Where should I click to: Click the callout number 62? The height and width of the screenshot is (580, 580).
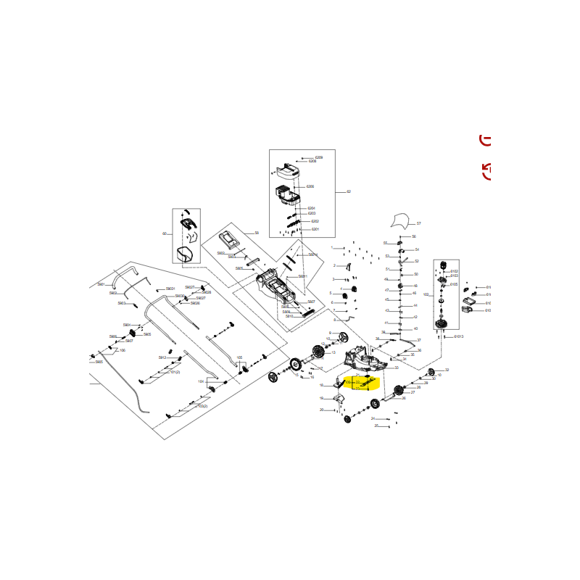[349, 191]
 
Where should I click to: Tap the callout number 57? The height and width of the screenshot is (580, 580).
[419, 223]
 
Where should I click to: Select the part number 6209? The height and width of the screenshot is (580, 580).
[319, 157]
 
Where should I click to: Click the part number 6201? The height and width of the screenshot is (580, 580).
[315, 229]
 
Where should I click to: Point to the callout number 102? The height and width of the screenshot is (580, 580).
[426, 295]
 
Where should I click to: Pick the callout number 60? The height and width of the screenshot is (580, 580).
[165, 233]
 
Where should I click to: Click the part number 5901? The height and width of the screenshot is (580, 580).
[101, 284]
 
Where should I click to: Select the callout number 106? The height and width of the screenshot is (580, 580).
[122, 350]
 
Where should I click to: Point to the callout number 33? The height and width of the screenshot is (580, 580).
[397, 368]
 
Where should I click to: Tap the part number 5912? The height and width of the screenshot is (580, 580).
[162, 357]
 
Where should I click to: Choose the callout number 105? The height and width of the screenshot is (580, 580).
[239, 357]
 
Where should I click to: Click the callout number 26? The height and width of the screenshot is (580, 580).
[404, 398]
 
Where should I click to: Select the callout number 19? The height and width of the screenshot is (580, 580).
[321, 398]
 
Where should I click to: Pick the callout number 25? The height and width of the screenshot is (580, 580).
[376, 426]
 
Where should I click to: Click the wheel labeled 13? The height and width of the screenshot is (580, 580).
[320, 353]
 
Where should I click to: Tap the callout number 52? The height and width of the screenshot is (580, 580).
[417, 261]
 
